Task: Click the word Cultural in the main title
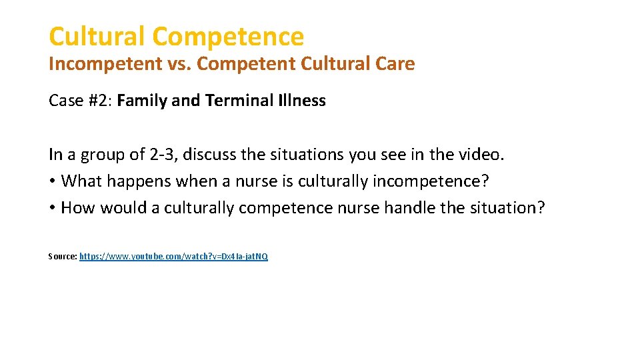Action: [97, 36]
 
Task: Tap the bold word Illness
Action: [299, 101]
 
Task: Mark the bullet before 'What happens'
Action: [52, 181]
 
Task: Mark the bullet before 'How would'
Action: [52, 208]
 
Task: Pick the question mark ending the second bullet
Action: [541, 208]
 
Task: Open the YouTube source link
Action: [173, 256]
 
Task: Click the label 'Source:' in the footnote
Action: [63, 256]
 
